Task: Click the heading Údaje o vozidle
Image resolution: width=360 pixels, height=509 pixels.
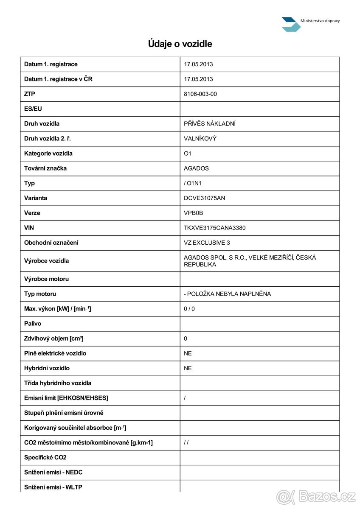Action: [180, 44]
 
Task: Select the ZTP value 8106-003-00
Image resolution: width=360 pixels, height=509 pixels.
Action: [200, 94]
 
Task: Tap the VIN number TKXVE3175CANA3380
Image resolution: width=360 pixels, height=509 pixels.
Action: [214, 228]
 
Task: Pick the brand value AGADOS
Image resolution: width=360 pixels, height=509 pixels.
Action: [196, 168]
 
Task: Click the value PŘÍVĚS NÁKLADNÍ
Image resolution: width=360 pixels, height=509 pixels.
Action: [209, 124]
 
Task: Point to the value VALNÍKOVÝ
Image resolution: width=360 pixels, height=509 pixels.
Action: [200, 139]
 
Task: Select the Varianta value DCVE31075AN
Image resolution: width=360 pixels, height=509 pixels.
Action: [204, 198]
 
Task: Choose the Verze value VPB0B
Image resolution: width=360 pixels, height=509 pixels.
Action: [194, 213]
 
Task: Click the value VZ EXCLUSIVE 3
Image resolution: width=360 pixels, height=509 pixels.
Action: [207, 243]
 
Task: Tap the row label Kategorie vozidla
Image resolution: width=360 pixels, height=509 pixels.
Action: [48, 154]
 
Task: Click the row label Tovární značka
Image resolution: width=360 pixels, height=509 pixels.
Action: [45, 168]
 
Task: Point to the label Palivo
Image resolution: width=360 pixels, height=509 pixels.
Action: [33, 324]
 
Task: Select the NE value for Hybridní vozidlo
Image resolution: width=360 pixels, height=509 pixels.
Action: [188, 368]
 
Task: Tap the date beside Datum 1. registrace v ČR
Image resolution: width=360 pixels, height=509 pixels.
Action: [198, 79]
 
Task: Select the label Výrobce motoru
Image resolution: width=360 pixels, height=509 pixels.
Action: [46, 279]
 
